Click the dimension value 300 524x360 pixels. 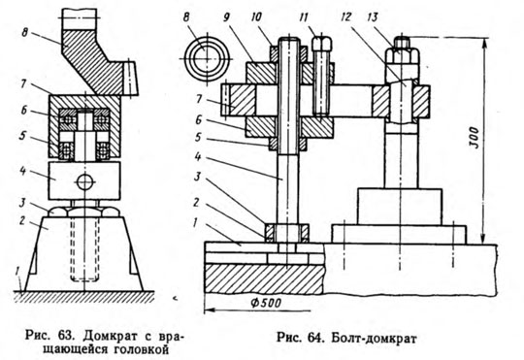pos(475,138)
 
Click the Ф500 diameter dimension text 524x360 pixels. pos(266,303)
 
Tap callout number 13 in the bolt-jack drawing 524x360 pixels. pos(374,16)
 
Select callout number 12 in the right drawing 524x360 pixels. pos(346,16)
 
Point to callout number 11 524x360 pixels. pos(304,17)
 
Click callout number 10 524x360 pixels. pos(256,17)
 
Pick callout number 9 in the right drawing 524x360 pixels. pos(229,17)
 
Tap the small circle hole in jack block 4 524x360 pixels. pos(85,182)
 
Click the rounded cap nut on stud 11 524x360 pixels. pos(322,43)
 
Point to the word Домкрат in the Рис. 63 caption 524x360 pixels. pos(103,335)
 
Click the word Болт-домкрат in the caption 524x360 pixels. pos(374,339)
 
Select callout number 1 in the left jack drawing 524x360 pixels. pos(17,272)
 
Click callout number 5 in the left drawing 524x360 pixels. pos(22,136)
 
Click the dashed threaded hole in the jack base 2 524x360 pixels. pos(84,249)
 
